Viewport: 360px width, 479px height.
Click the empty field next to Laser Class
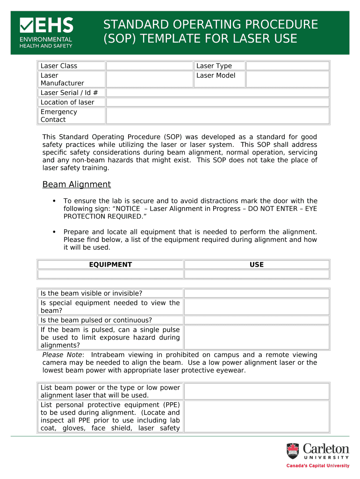(x=149, y=66)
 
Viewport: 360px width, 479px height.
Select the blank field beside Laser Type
(x=288, y=66)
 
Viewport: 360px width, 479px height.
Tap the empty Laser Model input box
(x=288, y=80)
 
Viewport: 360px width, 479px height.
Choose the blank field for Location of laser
(x=217, y=102)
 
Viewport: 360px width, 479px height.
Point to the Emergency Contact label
(x=59, y=116)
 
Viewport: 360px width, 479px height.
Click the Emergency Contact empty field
(x=217, y=116)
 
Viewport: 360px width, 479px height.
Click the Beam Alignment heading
(x=77, y=185)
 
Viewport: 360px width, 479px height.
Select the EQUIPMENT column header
(x=110, y=265)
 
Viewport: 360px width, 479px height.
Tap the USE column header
(x=257, y=265)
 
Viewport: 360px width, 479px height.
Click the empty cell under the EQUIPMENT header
(x=110, y=274)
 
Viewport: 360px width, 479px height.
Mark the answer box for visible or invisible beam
(x=256, y=293)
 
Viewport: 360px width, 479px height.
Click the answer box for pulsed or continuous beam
(x=256, y=320)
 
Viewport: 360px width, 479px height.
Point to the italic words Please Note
(x=62, y=355)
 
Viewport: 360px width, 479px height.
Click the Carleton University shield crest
(x=293, y=451)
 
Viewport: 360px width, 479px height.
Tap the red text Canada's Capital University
(x=318, y=466)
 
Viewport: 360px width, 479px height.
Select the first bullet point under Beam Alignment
(x=54, y=201)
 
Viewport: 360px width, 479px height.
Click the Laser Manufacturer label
(x=62, y=80)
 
